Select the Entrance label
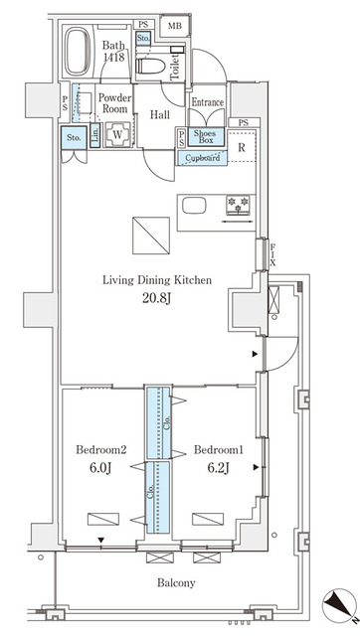(x=208, y=102)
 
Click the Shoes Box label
(x=205, y=137)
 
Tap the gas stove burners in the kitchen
(x=239, y=203)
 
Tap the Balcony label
(x=175, y=582)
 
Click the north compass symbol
(x=340, y=602)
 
